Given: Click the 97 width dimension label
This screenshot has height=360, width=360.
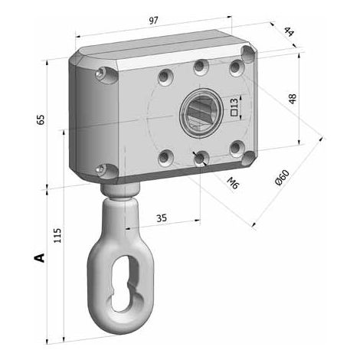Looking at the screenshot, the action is (154, 21).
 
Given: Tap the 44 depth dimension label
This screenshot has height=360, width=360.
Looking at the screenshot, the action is (289, 32).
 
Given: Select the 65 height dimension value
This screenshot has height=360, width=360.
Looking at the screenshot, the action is (41, 119).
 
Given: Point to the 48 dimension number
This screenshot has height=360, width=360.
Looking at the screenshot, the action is (293, 99).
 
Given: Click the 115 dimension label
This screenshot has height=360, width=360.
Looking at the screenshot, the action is (57, 235).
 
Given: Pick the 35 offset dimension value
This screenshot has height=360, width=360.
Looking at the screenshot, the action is (162, 218).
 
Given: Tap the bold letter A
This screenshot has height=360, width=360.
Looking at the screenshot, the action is (39, 257).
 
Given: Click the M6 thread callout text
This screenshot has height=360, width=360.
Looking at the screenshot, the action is (233, 183).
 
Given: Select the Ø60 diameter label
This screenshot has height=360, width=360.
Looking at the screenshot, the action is (282, 178).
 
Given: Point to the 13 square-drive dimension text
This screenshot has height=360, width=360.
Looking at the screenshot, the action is (234, 103).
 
